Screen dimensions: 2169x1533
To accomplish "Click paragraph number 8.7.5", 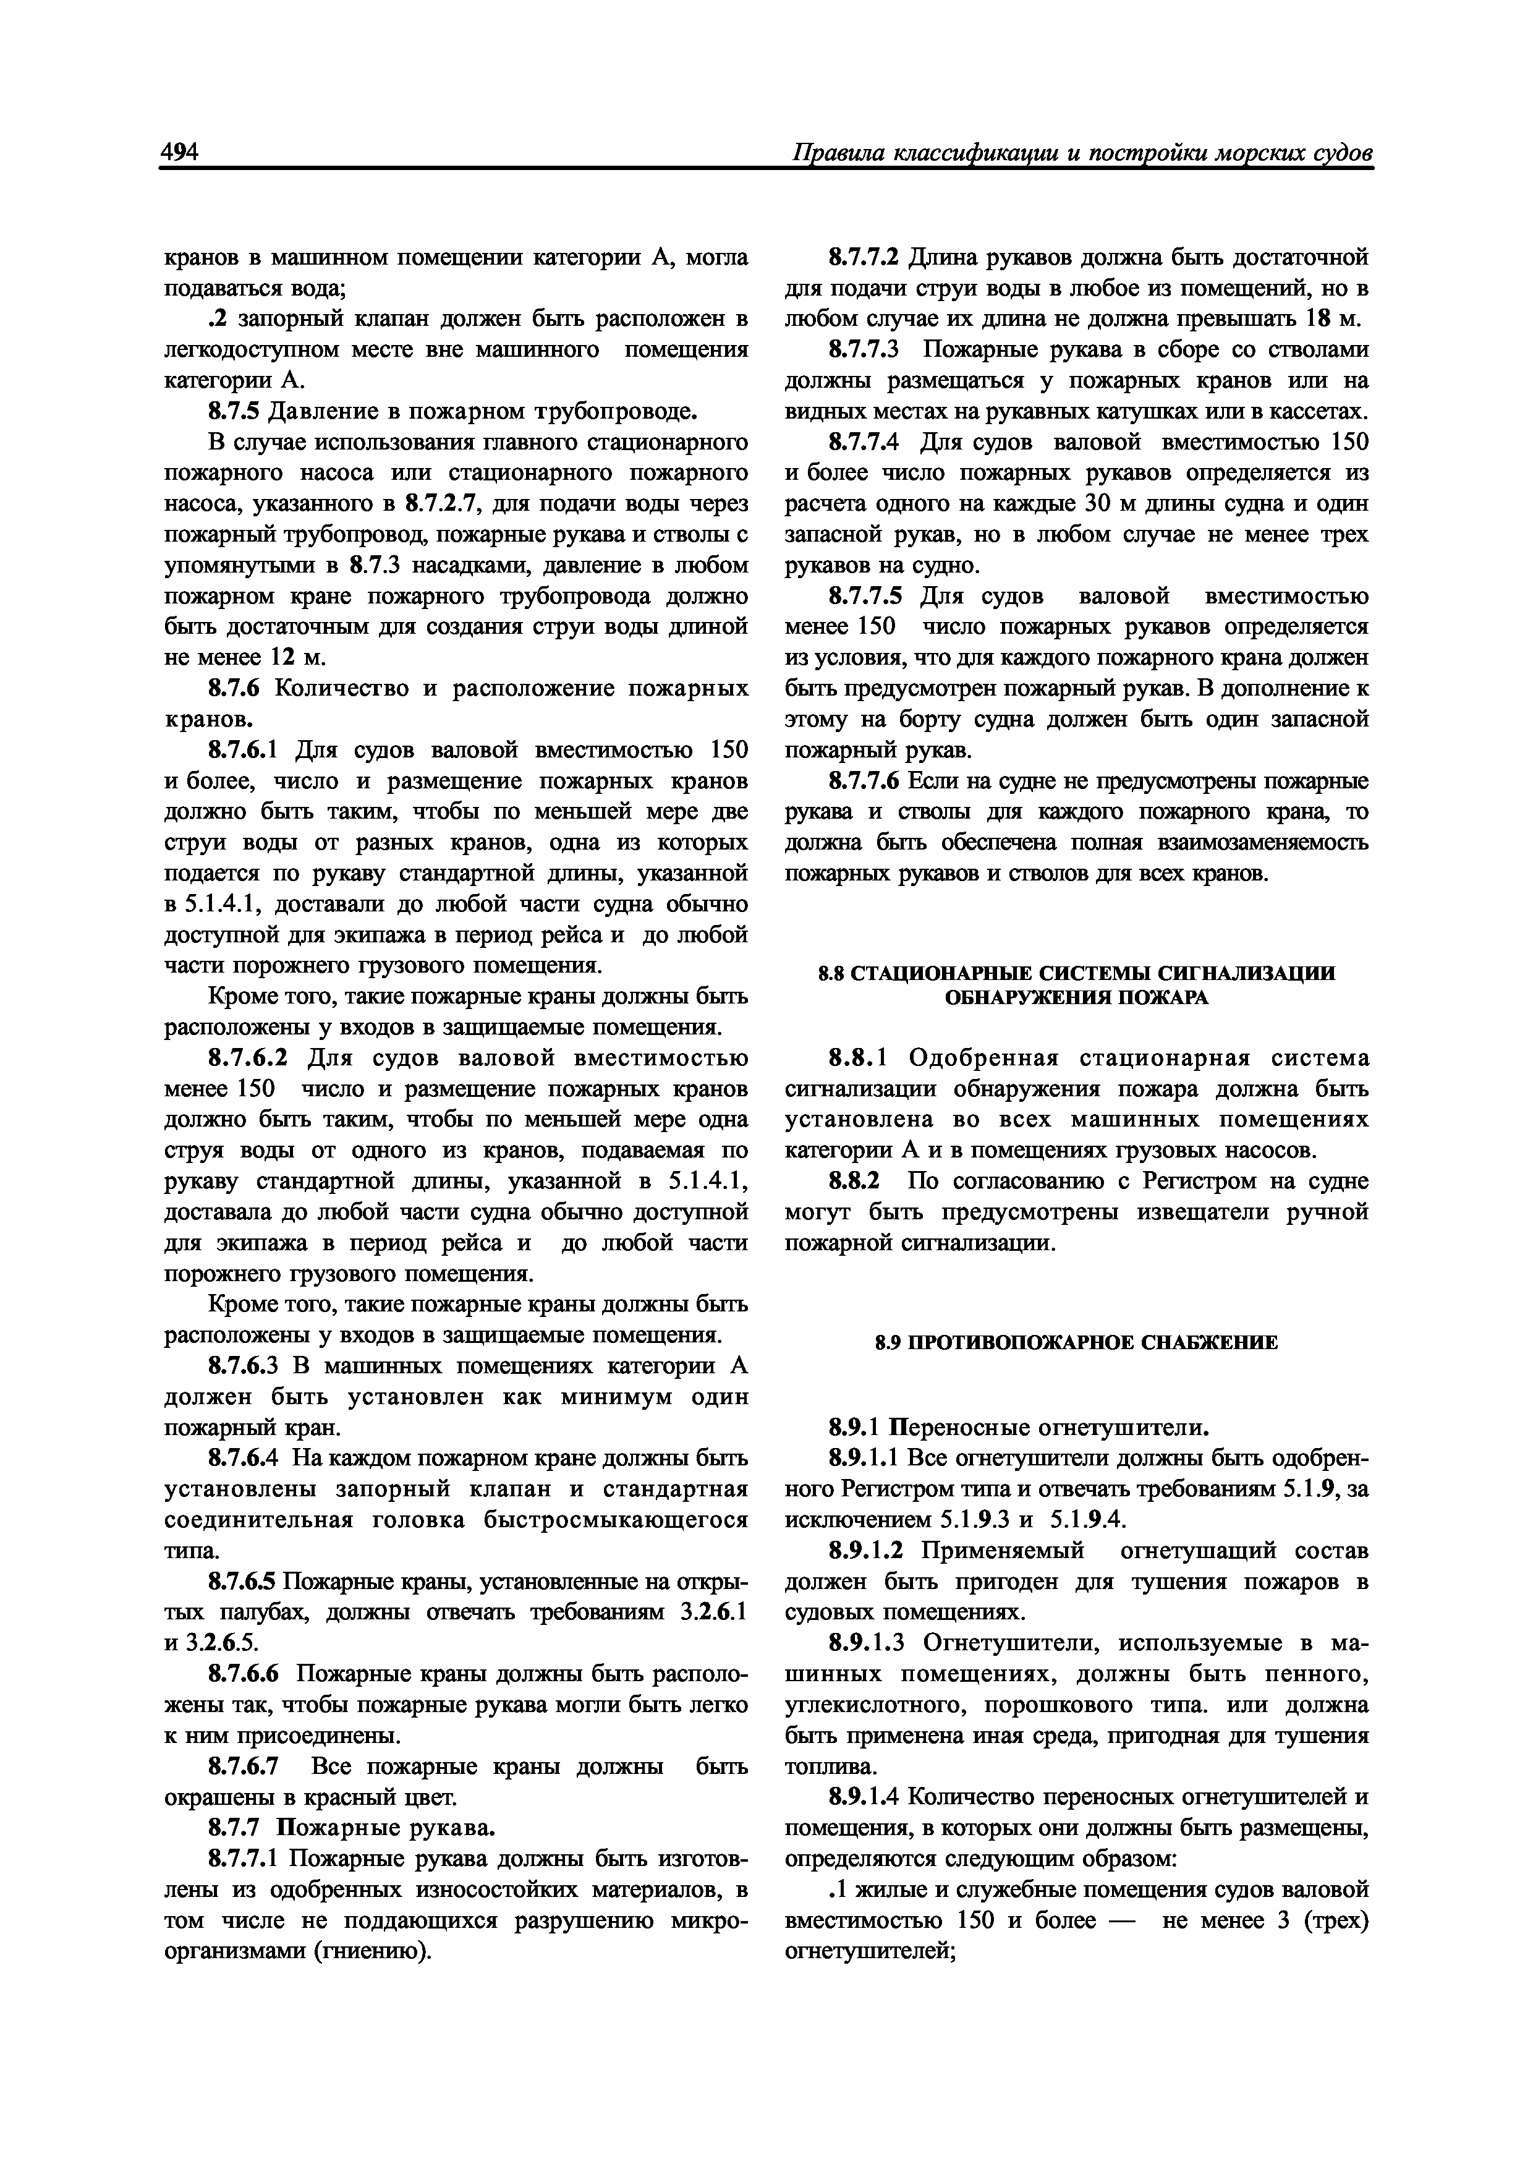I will pyautogui.click(x=234, y=411).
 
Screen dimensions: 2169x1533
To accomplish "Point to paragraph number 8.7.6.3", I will pyautogui.click(x=247, y=1366).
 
